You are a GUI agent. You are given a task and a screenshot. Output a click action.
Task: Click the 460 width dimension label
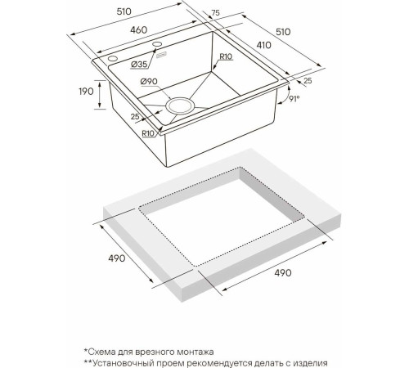click(x=138, y=30)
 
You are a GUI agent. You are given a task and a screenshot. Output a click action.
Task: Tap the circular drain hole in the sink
click(x=180, y=105)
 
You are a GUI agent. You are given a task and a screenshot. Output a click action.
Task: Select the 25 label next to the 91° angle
click(x=307, y=81)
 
